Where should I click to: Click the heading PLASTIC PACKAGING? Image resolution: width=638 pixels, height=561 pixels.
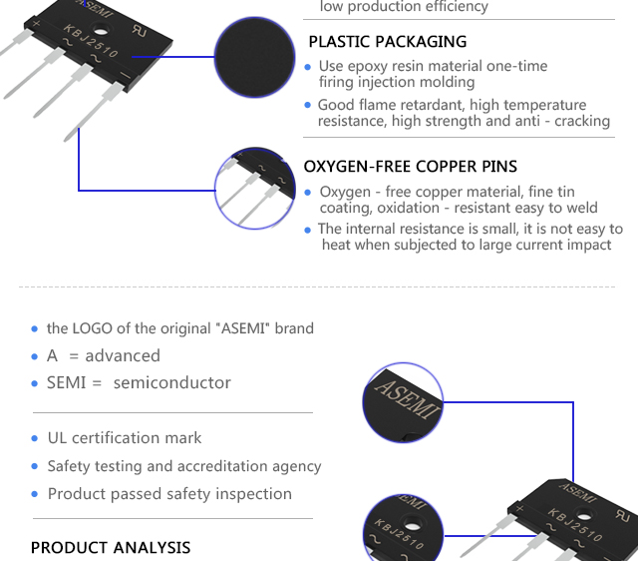coord(387,42)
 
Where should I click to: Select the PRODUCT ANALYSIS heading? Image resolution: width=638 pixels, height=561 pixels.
coord(111,547)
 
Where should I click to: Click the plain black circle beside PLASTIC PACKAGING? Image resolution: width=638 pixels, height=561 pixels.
coord(255,58)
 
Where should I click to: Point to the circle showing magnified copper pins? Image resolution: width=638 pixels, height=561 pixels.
coord(256,188)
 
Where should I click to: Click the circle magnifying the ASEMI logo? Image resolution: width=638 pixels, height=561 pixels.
coord(402,404)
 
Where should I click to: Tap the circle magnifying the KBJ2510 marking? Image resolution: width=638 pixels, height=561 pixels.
coord(402,528)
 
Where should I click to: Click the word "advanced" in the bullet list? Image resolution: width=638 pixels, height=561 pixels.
coord(123,355)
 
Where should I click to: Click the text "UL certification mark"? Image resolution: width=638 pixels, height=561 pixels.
coord(125,438)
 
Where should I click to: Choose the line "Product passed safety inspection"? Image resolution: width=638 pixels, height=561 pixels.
coord(169,494)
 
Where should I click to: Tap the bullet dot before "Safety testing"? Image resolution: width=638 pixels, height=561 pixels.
coord(35,467)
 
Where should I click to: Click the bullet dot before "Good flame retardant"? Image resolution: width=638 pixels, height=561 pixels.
coord(308,106)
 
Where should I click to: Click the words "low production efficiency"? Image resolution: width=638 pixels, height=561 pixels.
coord(404,7)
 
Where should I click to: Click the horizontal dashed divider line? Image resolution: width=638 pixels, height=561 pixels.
coord(319,287)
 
